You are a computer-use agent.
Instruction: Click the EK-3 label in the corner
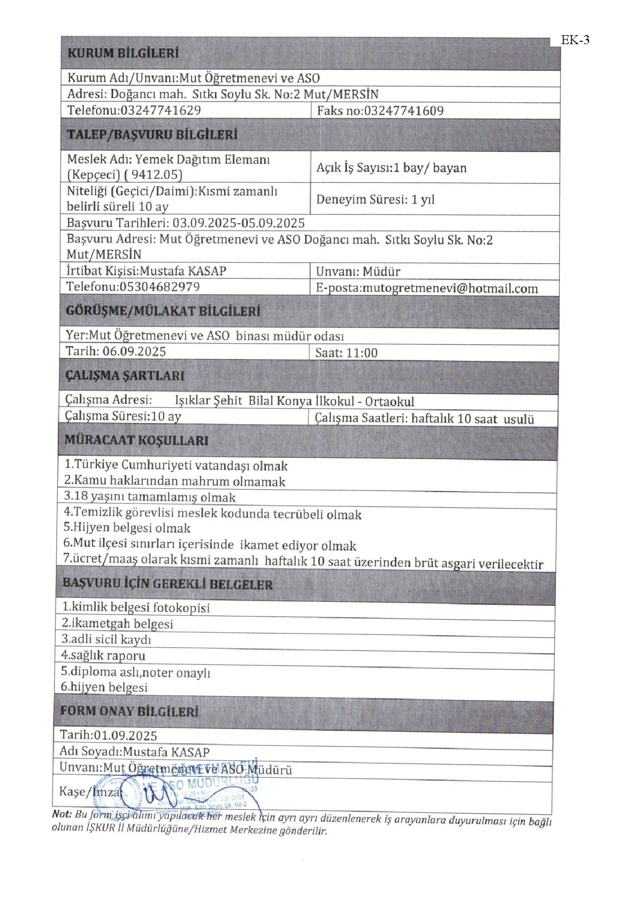click(x=575, y=40)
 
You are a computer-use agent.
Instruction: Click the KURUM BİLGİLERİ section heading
click(x=123, y=53)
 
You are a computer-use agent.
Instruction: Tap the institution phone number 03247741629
click(x=160, y=110)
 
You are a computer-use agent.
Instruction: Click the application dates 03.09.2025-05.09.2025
click(x=238, y=223)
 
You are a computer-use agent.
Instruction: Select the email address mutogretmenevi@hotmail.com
click(x=450, y=288)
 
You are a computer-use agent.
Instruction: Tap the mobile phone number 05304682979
click(x=159, y=287)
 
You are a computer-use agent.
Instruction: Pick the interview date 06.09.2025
click(x=134, y=352)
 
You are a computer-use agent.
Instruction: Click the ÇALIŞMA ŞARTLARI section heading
click(x=124, y=375)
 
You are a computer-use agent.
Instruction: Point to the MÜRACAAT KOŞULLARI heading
click(x=136, y=440)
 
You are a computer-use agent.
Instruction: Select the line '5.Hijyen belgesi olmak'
click(x=127, y=528)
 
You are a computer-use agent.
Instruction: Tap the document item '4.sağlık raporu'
click(x=103, y=656)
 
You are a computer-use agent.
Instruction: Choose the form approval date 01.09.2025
click(x=125, y=735)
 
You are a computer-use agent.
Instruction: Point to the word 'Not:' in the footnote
click(x=62, y=814)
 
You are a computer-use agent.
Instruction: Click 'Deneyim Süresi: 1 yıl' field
click(x=375, y=199)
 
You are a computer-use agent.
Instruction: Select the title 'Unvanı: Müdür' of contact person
click(x=358, y=271)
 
